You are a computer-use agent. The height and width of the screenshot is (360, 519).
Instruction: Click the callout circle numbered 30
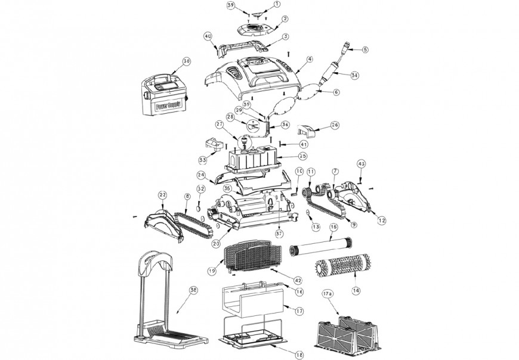click(x=187, y=61)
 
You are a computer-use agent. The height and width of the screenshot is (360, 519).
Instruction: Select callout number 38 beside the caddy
click(x=193, y=290)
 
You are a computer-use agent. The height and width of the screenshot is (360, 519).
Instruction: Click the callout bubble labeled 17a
click(x=326, y=294)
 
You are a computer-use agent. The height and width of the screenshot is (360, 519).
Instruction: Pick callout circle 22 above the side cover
click(x=162, y=195)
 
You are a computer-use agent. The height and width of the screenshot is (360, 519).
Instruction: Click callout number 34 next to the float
click(x=354, y=75)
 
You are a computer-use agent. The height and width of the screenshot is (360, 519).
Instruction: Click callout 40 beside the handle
click(x=208, y=36)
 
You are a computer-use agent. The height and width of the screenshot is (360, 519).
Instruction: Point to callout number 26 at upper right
click(x=334, y=125)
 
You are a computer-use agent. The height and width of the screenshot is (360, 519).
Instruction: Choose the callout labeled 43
click(x=361, y=163)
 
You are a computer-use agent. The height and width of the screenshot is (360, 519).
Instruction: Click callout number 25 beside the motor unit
click(x=302, y=156)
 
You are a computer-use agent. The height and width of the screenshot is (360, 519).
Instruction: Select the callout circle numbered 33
click(x=203, y=160)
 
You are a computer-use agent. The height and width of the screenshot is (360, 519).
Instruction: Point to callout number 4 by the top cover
click(x=310, y=59)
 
